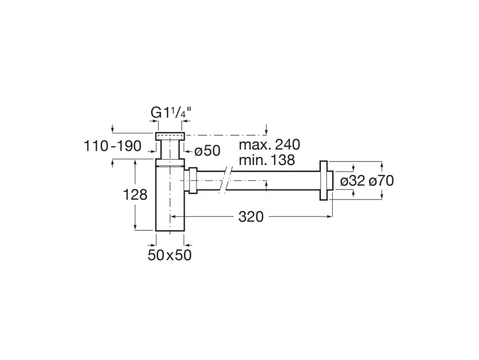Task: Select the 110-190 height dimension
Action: (112, 147)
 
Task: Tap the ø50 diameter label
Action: (206, 151)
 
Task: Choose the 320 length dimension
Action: (251, 217)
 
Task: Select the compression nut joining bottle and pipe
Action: (193, 181)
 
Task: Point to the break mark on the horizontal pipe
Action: (224, 181)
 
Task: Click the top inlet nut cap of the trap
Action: (169, 136)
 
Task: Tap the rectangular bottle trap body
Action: (169, 201)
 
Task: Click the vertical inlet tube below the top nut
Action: (169, 150)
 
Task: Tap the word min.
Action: (250, 160)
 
